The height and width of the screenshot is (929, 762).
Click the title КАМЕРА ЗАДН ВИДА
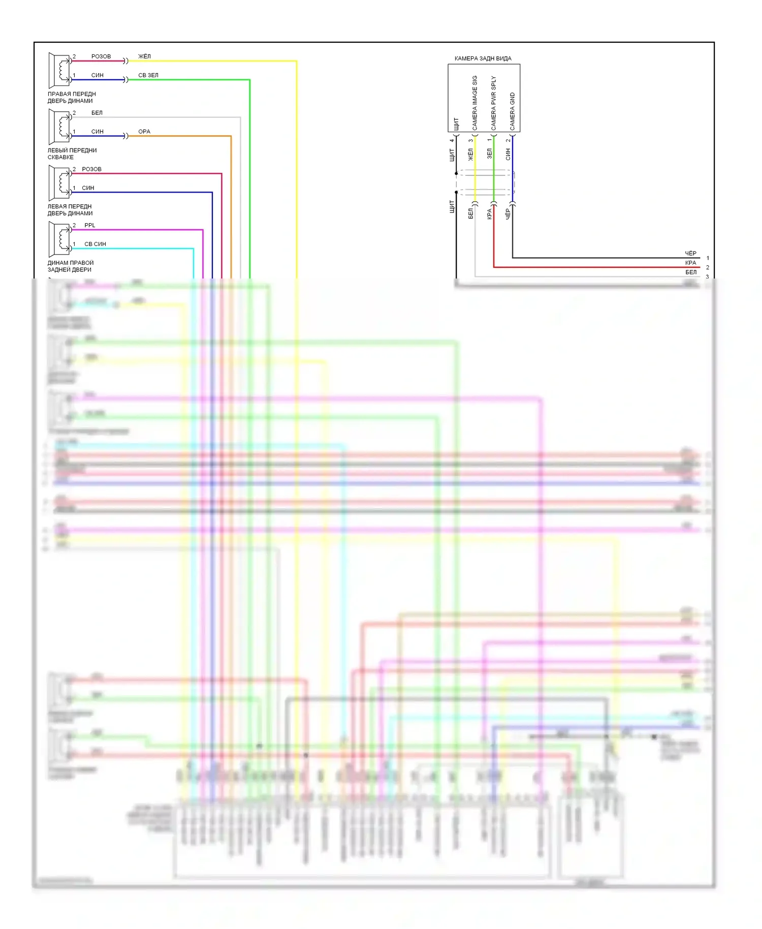483,58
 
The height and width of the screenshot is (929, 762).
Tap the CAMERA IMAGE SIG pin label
475,103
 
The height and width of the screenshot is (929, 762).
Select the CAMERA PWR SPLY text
493,103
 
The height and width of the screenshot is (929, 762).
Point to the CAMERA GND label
512,111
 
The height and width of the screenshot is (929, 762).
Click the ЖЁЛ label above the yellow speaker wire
144,56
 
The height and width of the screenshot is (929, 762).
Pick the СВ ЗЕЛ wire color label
148,75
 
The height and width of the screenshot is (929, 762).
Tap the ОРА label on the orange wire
144,132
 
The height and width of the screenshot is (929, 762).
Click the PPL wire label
89,225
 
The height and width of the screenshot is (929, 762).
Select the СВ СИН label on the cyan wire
95,244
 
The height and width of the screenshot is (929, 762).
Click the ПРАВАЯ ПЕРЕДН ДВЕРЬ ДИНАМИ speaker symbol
59,70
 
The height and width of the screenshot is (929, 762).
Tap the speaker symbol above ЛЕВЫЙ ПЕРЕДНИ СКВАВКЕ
59,127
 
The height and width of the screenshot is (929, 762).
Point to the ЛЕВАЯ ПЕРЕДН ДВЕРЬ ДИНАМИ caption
70,210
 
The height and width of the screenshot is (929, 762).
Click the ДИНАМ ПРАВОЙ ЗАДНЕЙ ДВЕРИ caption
71,266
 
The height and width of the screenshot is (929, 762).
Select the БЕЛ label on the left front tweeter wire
97,113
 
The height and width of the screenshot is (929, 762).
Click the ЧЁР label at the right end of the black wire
690,253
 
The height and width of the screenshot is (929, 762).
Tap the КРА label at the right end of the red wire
690,263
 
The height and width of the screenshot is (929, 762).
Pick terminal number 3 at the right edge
707,277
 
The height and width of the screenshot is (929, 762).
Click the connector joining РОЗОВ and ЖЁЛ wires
125,61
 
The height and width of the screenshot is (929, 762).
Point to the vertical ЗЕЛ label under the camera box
490,153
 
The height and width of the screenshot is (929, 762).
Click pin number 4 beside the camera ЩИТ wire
452,141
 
